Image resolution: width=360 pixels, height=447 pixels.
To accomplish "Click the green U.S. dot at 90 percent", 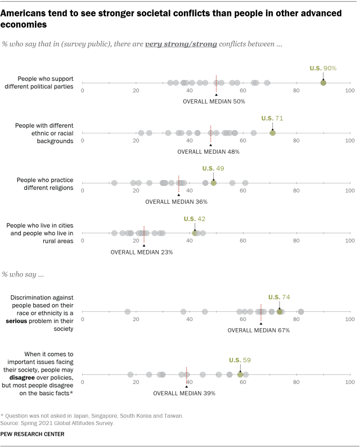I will click(323, 83).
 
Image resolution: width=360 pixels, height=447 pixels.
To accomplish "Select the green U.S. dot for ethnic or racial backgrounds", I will click(273, 133).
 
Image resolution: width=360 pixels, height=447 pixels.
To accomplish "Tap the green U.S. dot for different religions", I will click(214, 183).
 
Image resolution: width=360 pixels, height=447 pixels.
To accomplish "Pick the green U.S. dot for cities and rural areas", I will click(195, 233).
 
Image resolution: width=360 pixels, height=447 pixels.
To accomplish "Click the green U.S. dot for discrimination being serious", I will click(280, 311).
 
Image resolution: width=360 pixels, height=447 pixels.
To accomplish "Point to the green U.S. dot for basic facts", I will click(240, 374).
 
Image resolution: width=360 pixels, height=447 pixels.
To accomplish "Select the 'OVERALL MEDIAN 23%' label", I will click(142, 252).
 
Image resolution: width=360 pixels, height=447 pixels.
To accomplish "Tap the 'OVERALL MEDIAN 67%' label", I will click(259, 330).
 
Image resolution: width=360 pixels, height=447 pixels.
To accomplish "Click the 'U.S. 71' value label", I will click(272, 118).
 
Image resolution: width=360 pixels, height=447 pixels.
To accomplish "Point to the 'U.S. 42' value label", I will click(195, 218).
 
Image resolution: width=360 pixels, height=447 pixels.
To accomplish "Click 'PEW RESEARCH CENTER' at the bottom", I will click(33, 434).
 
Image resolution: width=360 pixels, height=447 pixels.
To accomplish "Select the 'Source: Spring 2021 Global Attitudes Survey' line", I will click(59, 422).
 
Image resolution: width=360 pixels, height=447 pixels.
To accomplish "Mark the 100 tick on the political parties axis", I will click(350, 91).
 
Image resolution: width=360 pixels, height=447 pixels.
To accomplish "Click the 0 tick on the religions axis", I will click(83, 191).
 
